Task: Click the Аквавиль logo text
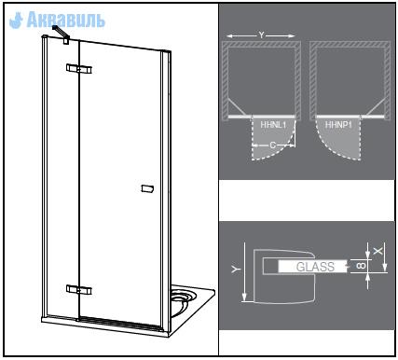(66, 20)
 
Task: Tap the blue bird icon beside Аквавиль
(17, 21)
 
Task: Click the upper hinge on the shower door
(79, 69)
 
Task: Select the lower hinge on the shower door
(79, 290)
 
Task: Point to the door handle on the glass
(147, 188)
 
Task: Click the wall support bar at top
(62, 34)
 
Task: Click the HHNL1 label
(273, 125)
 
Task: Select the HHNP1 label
(338, 125)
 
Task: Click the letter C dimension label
(273, 145)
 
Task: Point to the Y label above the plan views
(261, 35)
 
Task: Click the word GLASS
(315, 267)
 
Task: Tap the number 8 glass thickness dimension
(362, 266)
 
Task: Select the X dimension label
(377, 251)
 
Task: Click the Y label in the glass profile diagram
(237, 269)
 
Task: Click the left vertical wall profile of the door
(45, 177)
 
